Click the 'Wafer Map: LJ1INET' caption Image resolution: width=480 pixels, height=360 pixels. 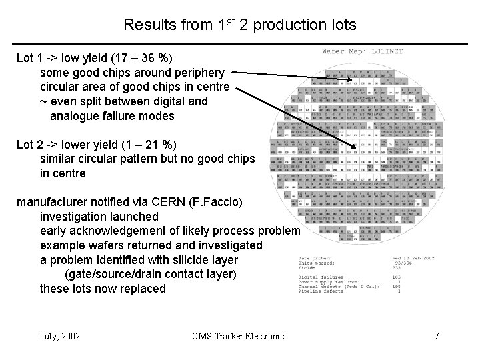(363, 51)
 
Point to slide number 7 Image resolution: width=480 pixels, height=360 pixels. (436, 335)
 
